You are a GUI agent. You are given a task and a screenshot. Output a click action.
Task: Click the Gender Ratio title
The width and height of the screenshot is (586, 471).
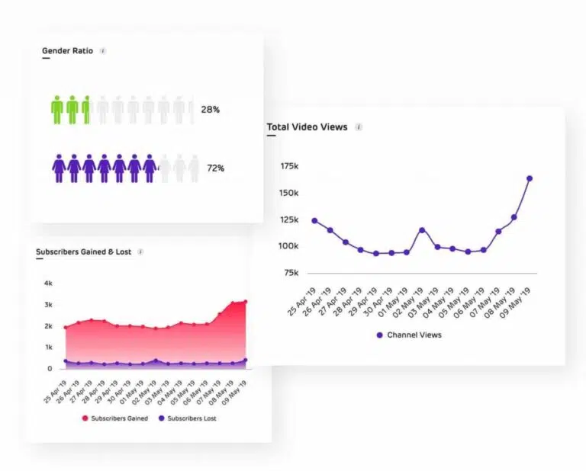point(67,51)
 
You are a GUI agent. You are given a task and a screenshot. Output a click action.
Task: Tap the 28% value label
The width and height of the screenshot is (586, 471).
point(211,110)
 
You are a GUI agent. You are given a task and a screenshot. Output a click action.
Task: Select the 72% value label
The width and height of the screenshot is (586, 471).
point(215,168)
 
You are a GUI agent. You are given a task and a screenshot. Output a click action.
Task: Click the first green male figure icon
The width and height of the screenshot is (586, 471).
point(57,110)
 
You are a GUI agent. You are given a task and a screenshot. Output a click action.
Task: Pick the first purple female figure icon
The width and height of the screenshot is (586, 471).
point(59,168)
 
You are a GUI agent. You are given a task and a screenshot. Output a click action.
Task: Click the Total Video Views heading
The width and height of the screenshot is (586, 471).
point(307,127)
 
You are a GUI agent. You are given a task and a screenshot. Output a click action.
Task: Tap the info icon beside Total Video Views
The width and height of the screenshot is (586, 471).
point(359,127)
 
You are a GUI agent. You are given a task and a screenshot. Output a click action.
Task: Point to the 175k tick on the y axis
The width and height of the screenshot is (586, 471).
point(289,165)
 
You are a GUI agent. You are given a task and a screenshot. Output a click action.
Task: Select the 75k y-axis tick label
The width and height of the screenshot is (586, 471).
point(291,273)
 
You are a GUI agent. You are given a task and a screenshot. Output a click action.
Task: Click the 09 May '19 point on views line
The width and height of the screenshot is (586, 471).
point(530,178)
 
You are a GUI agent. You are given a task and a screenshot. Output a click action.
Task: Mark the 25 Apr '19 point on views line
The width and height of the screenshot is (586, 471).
point(314,221)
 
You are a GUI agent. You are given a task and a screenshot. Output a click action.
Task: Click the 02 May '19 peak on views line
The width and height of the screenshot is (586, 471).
point(422,229)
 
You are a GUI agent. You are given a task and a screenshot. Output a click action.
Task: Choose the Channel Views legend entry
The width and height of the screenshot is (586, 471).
point(408,335)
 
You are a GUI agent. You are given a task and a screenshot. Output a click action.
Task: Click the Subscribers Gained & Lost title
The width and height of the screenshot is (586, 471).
point(83,252)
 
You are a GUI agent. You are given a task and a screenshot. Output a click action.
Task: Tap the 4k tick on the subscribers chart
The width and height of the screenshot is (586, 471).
point(48,284)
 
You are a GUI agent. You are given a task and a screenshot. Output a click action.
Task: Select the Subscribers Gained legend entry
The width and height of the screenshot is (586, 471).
point(114,418)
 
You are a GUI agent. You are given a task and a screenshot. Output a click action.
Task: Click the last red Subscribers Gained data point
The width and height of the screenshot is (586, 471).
point(245,302)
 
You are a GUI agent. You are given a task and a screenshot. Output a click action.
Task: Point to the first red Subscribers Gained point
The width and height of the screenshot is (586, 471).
point(65,328)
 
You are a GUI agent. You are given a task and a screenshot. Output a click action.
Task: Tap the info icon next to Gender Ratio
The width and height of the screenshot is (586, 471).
point(103,51)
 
